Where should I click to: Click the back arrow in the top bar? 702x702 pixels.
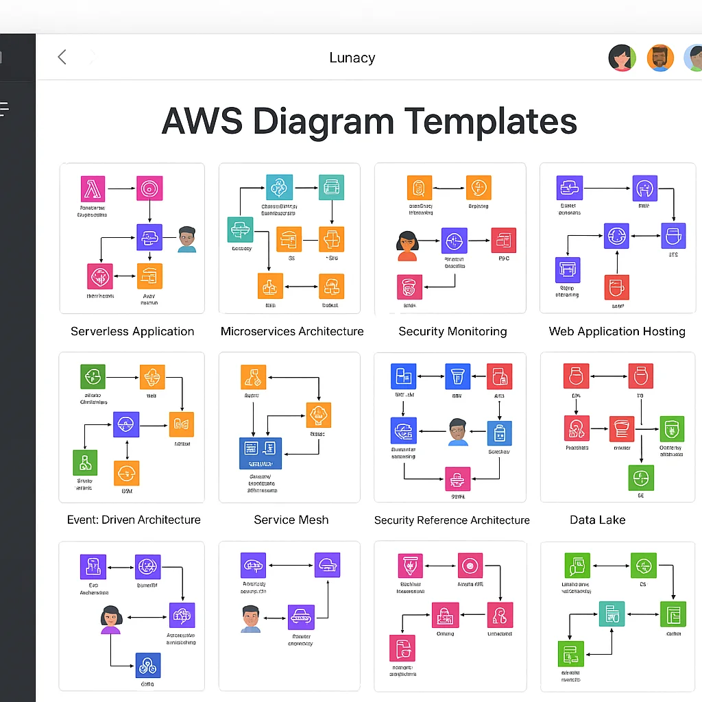(62, 57)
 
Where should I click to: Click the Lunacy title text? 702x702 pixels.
(352, 58)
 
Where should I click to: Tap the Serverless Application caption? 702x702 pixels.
(132, 331)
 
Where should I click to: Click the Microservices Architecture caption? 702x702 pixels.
(292, 331)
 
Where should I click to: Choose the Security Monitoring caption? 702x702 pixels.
(452, 331)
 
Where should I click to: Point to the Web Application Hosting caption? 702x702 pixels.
(617, 331)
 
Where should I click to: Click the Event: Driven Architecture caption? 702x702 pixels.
(134, 520)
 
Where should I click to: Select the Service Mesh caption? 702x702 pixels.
(291, 520)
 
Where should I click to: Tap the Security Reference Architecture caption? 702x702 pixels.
(452, 520)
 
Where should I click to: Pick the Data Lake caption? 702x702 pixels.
(598, 520)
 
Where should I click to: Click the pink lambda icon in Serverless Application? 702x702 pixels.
(93, 189)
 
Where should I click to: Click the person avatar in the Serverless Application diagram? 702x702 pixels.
(186, 239)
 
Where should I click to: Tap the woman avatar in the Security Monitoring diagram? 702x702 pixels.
(407, 245)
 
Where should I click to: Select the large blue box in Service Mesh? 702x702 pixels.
(261, 453)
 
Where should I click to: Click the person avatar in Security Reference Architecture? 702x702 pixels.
(458, 432)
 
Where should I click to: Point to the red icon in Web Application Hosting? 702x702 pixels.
(617, 287)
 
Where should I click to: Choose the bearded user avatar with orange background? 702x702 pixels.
(659, 58)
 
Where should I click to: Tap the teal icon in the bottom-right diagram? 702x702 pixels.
(611, 614)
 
